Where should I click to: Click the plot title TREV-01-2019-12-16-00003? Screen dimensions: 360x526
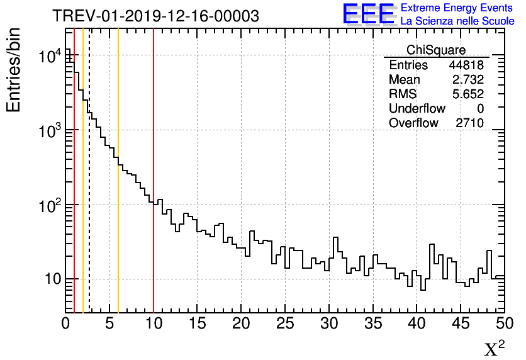coord(155,16)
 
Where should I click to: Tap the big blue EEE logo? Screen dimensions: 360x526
coord(369,14)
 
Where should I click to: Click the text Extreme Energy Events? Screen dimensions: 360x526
coord(457,8)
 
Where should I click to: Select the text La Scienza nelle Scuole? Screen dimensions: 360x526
coord(457,21)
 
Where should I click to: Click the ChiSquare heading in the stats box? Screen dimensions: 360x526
coord(436,50)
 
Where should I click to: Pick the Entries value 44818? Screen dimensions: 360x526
coord(466,65)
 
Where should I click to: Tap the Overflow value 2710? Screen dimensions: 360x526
coord(469,123)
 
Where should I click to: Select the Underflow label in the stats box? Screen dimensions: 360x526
coord(417,109)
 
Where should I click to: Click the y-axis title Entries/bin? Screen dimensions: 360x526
coord(14,70)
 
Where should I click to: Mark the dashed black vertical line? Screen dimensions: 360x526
coord(89,189)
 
